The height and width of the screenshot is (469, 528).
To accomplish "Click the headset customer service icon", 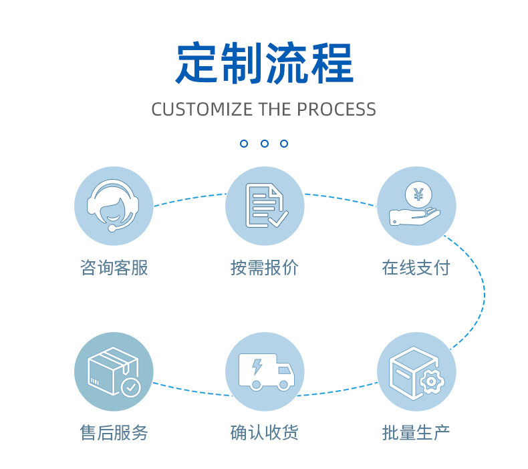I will pos(114,206).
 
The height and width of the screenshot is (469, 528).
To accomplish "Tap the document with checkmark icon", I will pos(265,206).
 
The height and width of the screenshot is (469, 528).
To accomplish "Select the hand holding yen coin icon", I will pos(416,206).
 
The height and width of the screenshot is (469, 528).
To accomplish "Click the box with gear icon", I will pos(416,372).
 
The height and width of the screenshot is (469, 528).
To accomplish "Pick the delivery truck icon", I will pos(265,372).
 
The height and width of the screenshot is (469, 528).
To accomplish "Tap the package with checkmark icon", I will pos(114,372).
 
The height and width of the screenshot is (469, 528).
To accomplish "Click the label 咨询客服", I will pos(114,268).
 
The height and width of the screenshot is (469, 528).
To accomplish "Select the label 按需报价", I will pos(265,268).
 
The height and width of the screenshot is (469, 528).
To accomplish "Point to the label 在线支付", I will pos(416,268).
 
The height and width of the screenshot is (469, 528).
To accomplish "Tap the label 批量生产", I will pos(416,432).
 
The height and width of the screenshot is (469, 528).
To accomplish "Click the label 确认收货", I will pos(265,432).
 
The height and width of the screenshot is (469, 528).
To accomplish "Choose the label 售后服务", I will pos(114,432).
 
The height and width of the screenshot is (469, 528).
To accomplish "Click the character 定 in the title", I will pos(196,63).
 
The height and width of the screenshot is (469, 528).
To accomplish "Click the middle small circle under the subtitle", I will pos(264,144).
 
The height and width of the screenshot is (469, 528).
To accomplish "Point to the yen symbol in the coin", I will pos(418,194).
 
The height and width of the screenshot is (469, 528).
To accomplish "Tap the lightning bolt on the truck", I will pos(257,366).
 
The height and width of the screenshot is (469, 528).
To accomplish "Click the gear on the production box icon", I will pos(432,381).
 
